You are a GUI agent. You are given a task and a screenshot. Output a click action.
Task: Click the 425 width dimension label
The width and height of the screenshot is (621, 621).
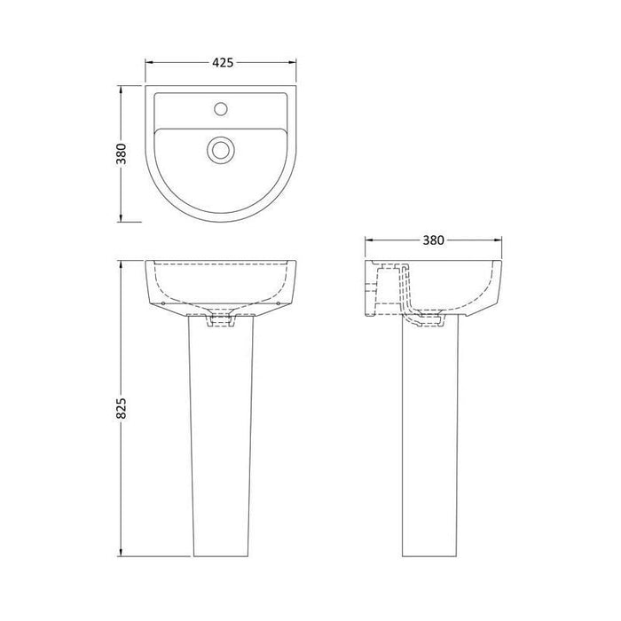coord(223,63)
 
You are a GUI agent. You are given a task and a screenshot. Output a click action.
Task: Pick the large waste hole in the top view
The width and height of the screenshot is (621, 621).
coord(219,148)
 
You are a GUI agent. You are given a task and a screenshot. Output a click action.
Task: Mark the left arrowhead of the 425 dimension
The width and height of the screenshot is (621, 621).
coord(148,63)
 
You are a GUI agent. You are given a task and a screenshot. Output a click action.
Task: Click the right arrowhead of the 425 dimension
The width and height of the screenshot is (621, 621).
coord(295,63)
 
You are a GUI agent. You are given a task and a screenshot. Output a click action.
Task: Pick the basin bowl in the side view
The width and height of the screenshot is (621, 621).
coord(452,284)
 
